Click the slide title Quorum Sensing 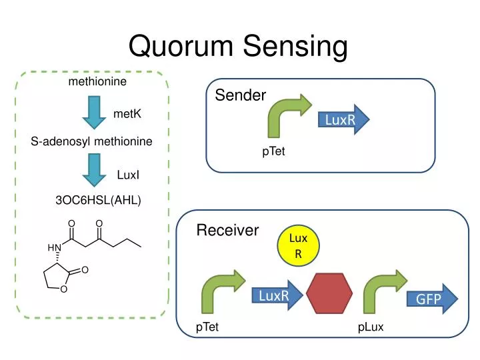[238, 47]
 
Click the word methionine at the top [98, 81]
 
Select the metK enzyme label [127, 114]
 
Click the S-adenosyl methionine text [91, 141]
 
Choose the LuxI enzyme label [128, 175]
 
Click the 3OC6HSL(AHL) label [98, 200]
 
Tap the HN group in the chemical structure [54, 248]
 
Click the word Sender [240, 96]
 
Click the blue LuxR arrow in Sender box [342, 119]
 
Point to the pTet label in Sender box [273, 151]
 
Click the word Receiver [227, 231]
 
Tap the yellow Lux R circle [298, 246]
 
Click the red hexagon [329, 295]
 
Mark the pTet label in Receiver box [207, 327]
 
